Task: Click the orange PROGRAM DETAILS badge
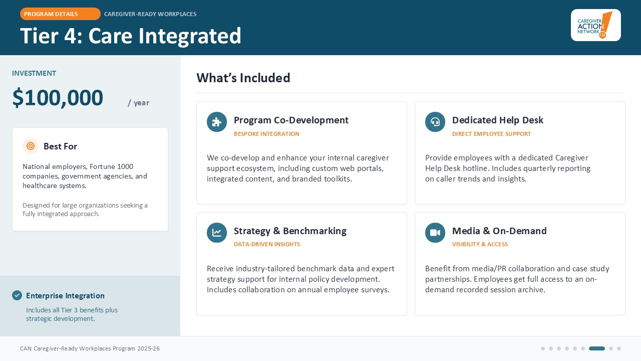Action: point(60,14)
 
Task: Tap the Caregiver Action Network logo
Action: point(596,25)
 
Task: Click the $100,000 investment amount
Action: point(58,98)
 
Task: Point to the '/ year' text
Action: point(139,103)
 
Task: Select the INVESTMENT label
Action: point(34,73)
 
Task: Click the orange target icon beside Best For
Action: point(31,146)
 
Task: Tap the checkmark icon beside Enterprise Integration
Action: point(17,295)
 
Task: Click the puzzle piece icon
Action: point(217,122)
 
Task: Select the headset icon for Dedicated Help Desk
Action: point(435,122)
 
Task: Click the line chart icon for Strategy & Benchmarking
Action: point(217,233)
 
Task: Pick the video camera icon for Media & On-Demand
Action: point(435,233)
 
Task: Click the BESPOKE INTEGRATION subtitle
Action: point(266,134)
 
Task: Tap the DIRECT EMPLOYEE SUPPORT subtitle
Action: point(491,134)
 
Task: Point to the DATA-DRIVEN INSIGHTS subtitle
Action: point(267,244)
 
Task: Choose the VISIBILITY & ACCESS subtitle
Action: point(480,244)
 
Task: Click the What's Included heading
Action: point(243,78)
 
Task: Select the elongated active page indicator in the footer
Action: point(596,348)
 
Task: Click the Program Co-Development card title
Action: point(291,120)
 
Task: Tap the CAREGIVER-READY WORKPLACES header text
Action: point(150,14)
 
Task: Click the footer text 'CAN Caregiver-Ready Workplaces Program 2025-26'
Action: point(90,348)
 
